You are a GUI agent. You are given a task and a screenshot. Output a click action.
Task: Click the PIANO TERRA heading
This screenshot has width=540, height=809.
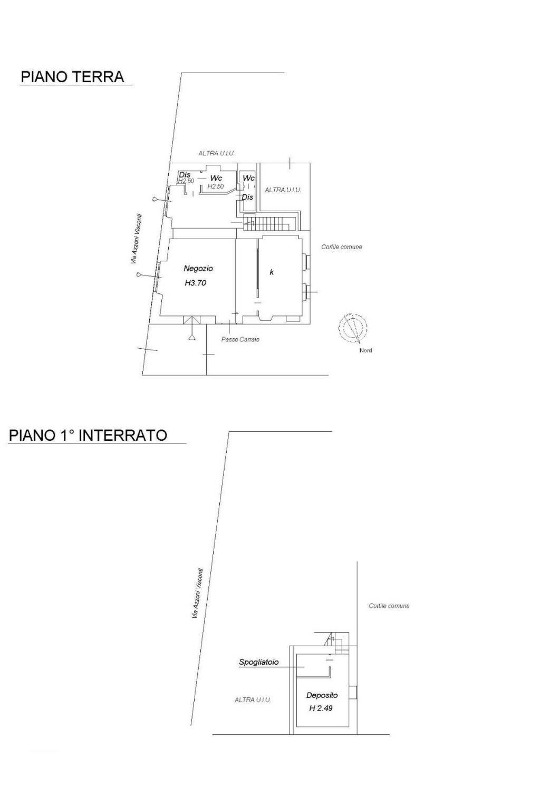[72, 77]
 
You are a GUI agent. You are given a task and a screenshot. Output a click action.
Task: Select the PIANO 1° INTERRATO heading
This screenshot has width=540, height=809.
[88, 435]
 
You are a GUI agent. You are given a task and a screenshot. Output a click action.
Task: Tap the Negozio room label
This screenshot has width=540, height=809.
[198, 268]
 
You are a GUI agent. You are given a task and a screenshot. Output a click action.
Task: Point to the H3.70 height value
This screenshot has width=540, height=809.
[195, 283]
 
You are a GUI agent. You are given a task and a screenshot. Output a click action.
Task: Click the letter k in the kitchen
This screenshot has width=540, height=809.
[272, 272]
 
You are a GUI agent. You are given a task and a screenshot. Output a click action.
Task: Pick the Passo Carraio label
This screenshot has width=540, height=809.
[240, 340]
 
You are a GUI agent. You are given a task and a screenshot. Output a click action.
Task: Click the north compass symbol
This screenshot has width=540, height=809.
[353, 328]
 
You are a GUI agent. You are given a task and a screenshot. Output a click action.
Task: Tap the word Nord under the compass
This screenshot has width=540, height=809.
[365, 350]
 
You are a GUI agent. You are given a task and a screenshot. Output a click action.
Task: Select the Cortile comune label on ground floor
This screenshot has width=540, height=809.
[341, 247]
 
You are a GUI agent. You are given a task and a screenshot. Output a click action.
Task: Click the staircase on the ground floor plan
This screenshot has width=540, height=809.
[267, 222]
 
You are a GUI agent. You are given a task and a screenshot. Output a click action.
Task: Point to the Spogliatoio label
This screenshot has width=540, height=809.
[258, 662]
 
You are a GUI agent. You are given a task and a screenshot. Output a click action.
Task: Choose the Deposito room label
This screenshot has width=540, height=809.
[322, 695]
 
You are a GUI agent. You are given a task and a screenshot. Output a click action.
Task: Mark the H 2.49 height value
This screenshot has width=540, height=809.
[321, 708]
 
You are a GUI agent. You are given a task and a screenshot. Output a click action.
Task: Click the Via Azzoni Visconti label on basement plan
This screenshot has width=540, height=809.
[197, 594]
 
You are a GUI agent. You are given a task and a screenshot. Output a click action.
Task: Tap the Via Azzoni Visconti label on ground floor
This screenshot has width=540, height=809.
[136, 240]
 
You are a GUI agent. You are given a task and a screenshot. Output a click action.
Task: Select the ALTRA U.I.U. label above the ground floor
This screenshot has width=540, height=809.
[216, 153]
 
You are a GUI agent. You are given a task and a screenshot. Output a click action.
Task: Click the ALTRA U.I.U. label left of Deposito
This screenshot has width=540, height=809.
[253, 699]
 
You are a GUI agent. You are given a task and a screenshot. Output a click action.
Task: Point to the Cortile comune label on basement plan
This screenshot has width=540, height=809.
[389, 606]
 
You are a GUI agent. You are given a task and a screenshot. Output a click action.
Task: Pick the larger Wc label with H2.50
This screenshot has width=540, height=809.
[216, 178]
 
